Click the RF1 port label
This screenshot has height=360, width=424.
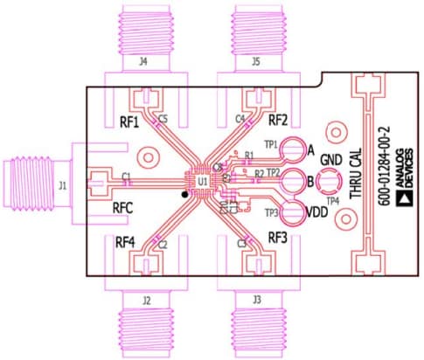pos(129,122)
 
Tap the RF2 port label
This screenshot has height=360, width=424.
pos(278,120)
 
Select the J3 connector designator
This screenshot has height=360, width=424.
pos(255,300)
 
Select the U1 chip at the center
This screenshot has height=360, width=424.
pos(202,181)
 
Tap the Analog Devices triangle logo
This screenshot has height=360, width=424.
pos(404,199)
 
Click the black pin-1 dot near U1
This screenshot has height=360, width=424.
pos(184,195)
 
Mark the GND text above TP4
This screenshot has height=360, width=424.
pos(330,161)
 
